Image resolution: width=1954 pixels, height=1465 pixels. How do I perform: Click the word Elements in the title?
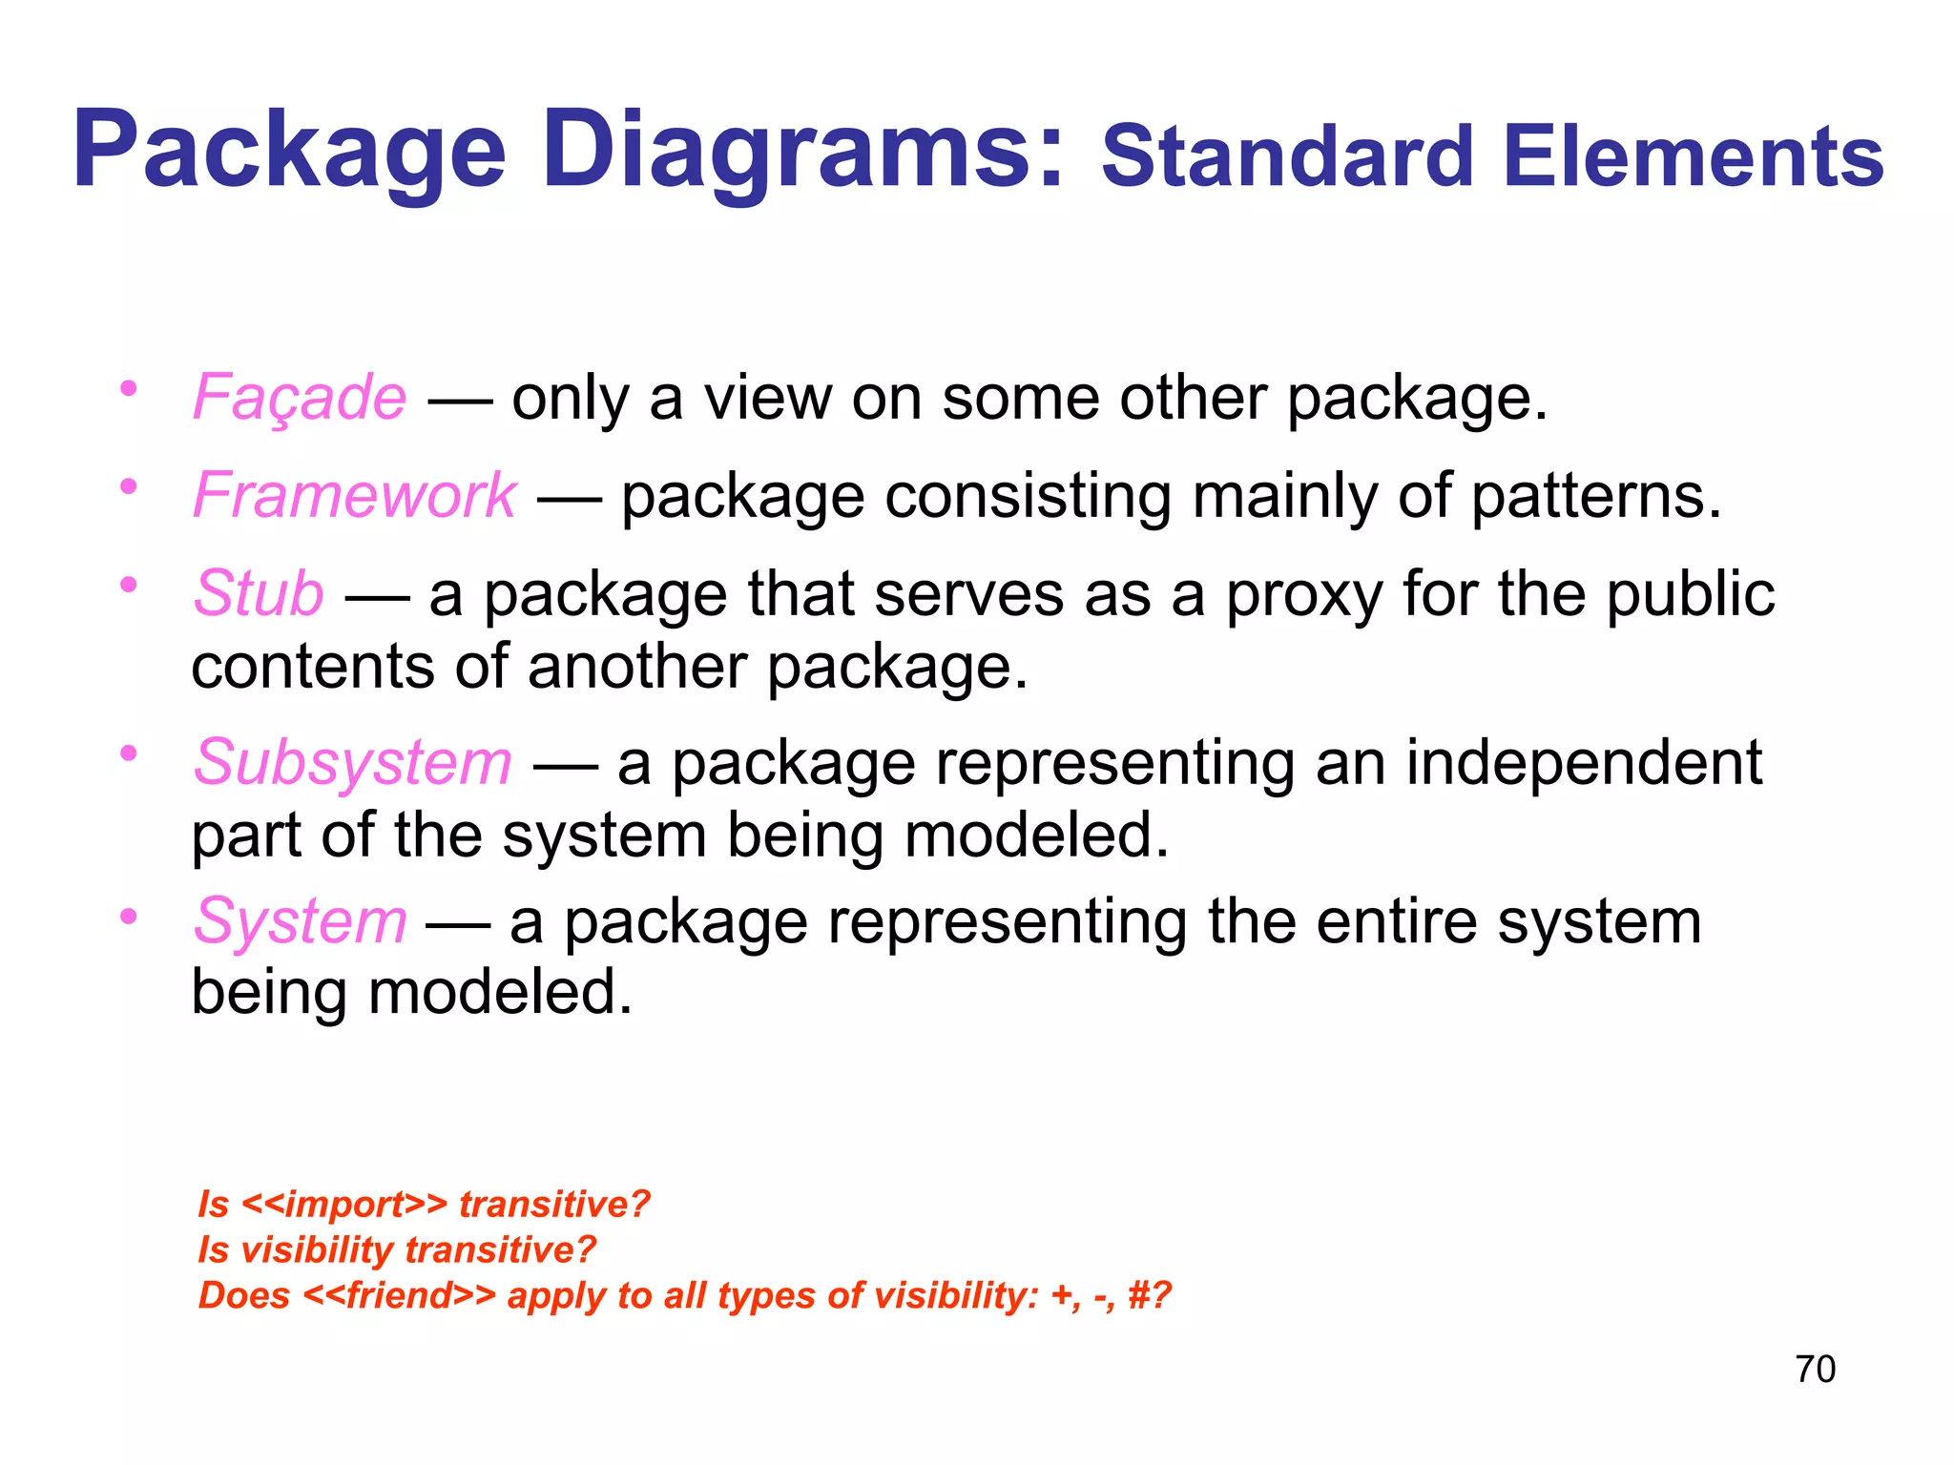pyautogui.click(x=1694, y=157)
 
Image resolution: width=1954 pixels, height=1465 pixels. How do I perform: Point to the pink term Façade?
pyautogui.click(x=300, y=399)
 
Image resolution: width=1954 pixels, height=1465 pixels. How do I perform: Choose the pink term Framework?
pyautogui.click(x=355, y=496)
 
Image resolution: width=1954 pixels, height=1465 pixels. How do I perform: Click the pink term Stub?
pyautogui.click(x=259, y=593)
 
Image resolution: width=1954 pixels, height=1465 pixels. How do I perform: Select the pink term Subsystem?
pyautogui.click(x=353, y=763)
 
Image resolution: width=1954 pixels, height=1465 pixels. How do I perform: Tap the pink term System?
pyautogui.click(x=300, y=922)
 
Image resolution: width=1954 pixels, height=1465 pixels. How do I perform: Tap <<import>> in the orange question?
pyautogui.click(x=344, y=1205)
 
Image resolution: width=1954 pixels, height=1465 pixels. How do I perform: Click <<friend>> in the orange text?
pyautogui.click(x=400, y=1296)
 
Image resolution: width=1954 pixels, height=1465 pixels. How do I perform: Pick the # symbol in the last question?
pyautogui.click(x=1139, y=1296)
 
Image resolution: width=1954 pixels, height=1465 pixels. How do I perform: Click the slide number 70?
pyautogui.click(x=1815, y=1370)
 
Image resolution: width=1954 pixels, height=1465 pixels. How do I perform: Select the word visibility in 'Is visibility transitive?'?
pyautogui.click(x=318, y=1250)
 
